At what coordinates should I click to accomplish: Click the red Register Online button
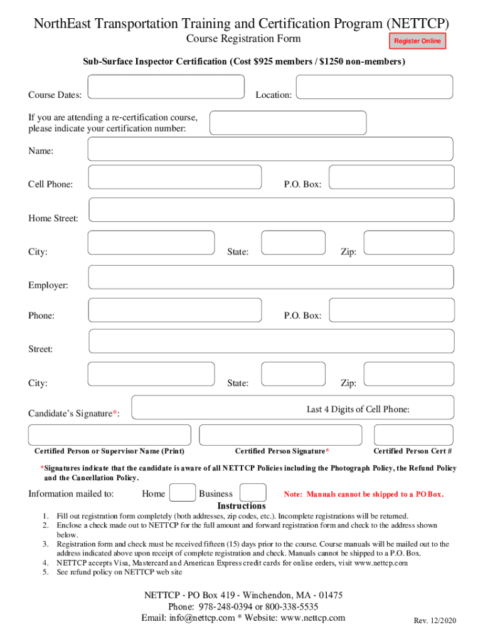click(x=417, y=41)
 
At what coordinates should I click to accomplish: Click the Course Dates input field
click(x=166, y=87)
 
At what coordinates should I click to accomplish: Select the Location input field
click(x=374, y=87)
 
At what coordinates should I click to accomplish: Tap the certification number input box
click(x=288, y=123)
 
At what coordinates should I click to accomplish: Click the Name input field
click(x=270, y=149)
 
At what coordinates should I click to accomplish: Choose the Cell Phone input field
click(x=175, y=177)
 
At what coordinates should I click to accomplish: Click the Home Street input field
click(x=271, y=210)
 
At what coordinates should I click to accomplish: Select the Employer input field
click(x=271, y=277)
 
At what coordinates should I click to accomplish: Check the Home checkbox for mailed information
click(x=183, y=493)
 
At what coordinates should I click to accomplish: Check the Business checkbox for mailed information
click(x=253, y=493)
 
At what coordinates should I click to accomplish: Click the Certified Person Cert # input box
click(x=413, y=435)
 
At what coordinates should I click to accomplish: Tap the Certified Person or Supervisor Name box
click(x=110, y=435)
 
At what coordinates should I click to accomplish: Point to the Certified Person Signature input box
click(x=280, y=435)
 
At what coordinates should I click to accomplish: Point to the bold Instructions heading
click(x=242, y=506)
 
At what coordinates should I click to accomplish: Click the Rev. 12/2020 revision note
click(x=435, y=621)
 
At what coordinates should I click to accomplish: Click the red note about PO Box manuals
click(x=364, y=494)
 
